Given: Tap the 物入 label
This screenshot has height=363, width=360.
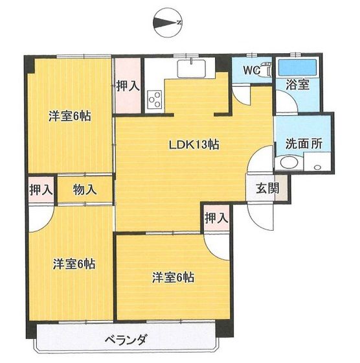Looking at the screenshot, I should coord(85,190).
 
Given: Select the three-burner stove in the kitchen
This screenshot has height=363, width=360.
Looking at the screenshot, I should coord(155,99).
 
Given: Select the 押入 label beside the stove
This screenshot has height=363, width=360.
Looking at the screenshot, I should coord(128,86).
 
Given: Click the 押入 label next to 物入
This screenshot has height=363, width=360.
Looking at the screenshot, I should coord(40,190).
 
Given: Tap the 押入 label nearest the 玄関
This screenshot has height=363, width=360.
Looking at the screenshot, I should coord(217,218).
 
